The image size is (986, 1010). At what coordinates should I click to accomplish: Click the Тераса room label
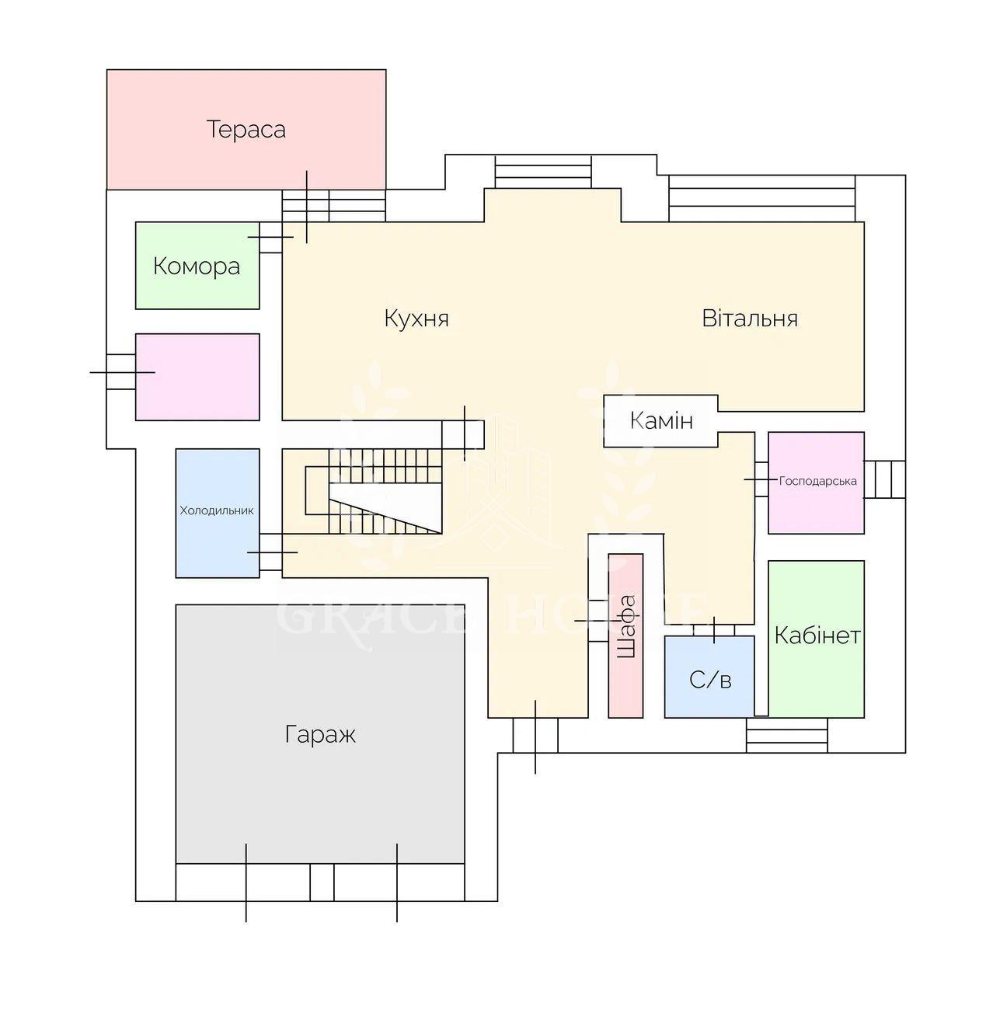coord(246,129)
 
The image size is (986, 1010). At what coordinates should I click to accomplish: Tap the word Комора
coord(196,266)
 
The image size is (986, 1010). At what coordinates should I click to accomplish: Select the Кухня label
coord(416,319)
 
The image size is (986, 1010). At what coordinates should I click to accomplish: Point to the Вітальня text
coord(749,319)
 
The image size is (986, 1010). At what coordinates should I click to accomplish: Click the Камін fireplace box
coord(661,421)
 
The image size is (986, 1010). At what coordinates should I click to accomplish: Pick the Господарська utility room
coord(816,482)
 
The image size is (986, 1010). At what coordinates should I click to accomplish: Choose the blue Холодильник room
coord(218,513)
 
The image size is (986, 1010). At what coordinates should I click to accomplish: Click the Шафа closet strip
coord(625,636)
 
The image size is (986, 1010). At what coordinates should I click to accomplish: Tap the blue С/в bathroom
coord(709,677)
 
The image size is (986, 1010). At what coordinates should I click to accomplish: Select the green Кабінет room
coord(816,639)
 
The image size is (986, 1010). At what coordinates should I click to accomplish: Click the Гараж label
coord(320,734)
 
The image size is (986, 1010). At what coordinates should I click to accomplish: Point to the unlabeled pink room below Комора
coord(197,377)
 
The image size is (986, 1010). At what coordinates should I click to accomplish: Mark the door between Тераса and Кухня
coord(306,207)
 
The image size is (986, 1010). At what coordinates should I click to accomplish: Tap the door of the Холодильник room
coord(271,552)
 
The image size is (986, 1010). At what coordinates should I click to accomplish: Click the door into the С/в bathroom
coord(714,629)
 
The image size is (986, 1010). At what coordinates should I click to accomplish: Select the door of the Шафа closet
coord(598,621)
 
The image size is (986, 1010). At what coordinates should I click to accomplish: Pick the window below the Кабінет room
coord(787,736)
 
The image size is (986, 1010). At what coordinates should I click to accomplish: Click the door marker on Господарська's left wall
coord(761,479)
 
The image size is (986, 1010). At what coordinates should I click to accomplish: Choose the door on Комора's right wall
coord(270,237)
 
